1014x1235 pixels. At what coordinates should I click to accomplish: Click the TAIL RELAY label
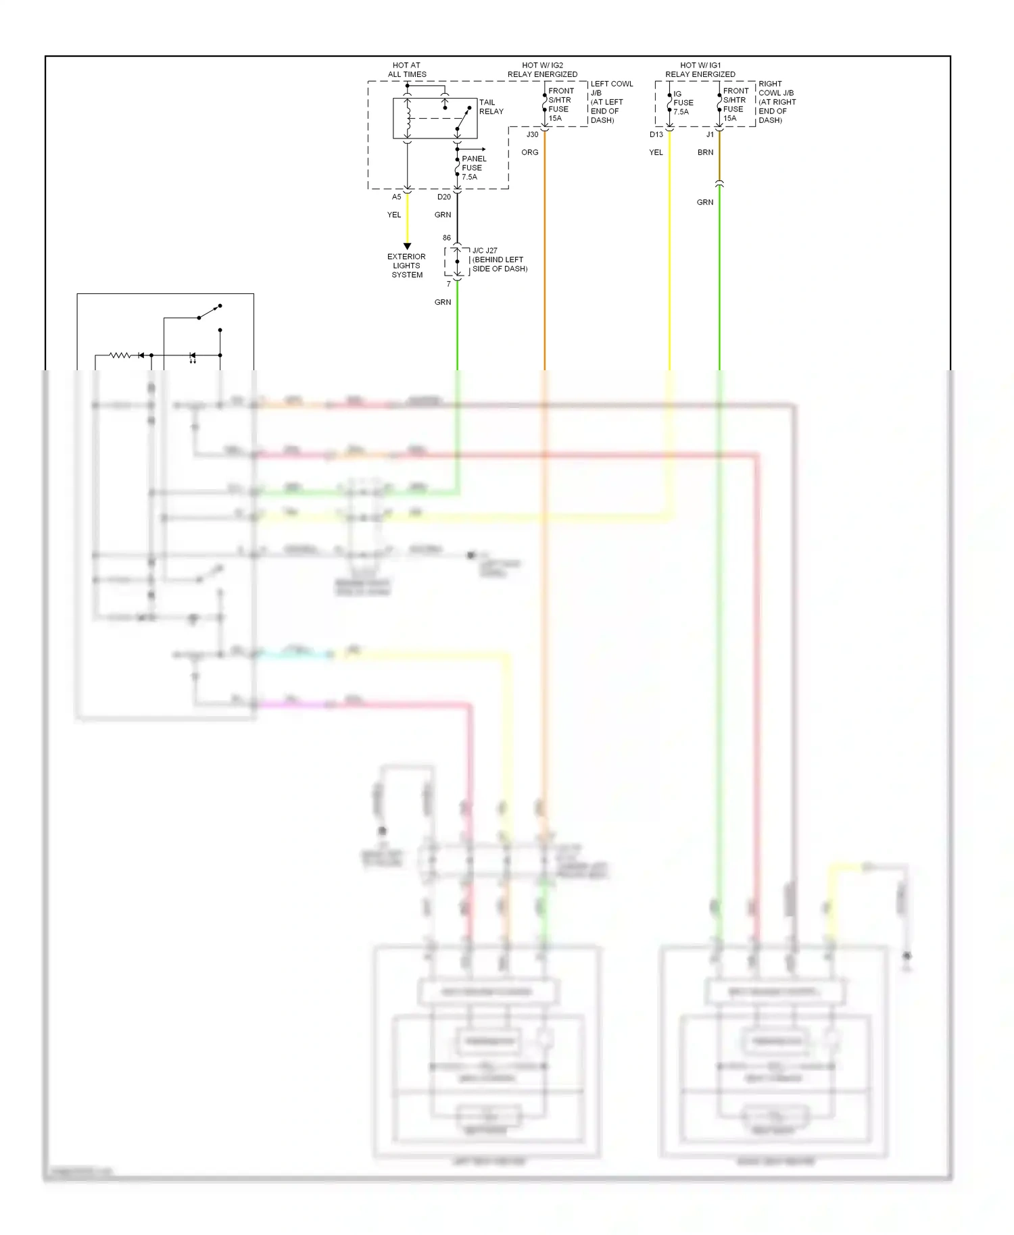(x=491, y=107)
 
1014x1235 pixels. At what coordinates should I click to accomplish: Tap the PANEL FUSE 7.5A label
(x=473, y=168)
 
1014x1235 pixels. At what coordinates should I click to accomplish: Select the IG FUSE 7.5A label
(x=683, y=103)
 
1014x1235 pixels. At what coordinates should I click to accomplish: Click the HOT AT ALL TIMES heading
(x=406, y=70)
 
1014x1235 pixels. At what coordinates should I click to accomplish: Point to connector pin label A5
(x=396, y=197)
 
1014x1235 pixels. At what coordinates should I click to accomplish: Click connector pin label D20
(x=443, y=197)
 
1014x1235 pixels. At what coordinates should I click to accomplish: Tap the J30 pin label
(x=532, y=134)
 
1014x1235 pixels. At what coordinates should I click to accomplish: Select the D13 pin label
(x=656, y=134)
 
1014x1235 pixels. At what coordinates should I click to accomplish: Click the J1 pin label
(x=710, y=134)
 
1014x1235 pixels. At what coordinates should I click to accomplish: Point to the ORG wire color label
(x=529, y=152)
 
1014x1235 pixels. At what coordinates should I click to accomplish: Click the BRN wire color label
(x=705, y=152)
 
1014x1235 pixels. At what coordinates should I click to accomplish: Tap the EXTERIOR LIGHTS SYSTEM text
(x=406, y=266)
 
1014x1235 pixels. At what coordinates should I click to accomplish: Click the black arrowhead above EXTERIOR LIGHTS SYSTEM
(x=407, y=246)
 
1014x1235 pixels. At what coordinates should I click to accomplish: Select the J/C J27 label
(x=485, y=251)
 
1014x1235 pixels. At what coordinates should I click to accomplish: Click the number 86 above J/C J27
(x=446, y=238)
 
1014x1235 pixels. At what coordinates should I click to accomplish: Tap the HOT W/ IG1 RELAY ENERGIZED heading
(x=700, y=70)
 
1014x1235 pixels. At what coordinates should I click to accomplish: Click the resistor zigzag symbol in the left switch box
(x=120, y=355)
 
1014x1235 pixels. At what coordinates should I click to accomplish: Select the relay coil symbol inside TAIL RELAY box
(x=408, y=120)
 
